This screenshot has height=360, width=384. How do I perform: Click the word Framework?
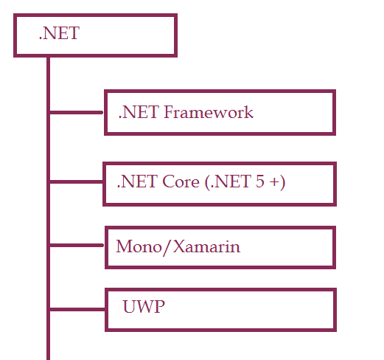click(x=209, y=112)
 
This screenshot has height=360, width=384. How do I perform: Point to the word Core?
click(x=181, y=181)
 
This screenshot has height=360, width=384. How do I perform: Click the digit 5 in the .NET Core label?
click(x=259, y=181)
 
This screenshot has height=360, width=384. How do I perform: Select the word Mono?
click(x=139, y=246)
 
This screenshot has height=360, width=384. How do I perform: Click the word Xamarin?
click(x=206, y=246)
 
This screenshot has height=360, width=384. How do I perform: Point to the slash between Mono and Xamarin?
click(x=167, y=247)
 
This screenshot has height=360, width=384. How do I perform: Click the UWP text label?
click(x=144, y=307)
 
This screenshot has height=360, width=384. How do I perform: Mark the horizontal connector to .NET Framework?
click(x=76, y=112)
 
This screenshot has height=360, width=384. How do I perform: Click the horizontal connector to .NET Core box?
click(x=76, y=181)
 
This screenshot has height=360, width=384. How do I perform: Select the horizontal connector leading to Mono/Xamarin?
click(x=77, y=245)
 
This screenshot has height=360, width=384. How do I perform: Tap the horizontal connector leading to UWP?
click(x=77, y=309)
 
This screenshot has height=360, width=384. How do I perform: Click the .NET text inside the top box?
click(x=59, y=33)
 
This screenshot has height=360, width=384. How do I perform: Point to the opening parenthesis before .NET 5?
click(x=208, y=182)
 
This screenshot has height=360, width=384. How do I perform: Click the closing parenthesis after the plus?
click(x=282, y=182)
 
